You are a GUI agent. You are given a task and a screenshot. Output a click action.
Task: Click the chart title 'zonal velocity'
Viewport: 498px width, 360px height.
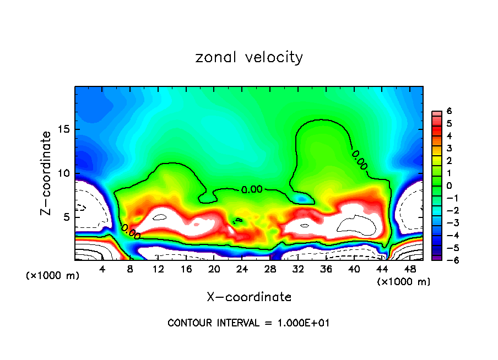coord(249,57)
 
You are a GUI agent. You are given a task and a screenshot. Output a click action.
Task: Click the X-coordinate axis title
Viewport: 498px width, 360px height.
coord(249,297)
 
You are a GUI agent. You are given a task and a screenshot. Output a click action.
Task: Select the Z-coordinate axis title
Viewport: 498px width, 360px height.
coord(47,173)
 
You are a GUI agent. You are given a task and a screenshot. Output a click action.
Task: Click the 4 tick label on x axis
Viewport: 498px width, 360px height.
coord(102,269)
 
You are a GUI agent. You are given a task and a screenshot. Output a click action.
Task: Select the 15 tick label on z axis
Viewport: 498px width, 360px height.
coord(67,129)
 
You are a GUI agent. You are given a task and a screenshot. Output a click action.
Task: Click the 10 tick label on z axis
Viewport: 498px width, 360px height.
coord(67,173)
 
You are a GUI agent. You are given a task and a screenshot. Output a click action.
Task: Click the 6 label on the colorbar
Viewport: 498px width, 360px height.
coord(449,111)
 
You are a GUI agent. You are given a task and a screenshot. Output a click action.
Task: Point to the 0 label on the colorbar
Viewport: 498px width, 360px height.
coord(449,186)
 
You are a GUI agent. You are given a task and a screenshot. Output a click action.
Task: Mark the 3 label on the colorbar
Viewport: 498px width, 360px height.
coord(449,148)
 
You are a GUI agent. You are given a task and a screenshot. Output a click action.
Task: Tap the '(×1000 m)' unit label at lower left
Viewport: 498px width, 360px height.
coord(53,276)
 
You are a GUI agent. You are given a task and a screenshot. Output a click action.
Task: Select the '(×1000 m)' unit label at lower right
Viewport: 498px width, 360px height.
coord(403,281)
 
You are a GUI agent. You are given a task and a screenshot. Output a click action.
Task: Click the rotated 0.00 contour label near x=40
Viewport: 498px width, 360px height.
coord(359,160)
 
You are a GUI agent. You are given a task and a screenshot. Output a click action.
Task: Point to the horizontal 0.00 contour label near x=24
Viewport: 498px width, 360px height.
coord(252,189)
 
